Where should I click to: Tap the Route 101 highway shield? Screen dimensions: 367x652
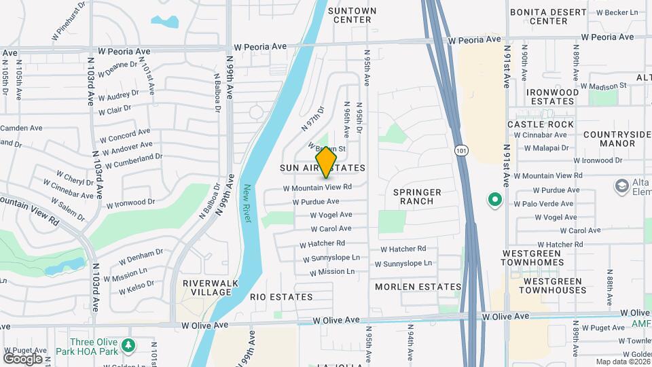pyautogui.click(x=461, y=150)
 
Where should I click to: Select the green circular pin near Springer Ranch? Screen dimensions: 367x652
pyautogui.click(x=495, y=200)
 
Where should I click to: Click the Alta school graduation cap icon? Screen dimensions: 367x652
pyautogui.click(x=621, y=186)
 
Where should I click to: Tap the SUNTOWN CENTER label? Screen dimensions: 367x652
pyautogui.click(x=350, y=15)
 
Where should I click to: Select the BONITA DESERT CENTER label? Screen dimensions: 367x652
pyautogui.click(x=548, y=16)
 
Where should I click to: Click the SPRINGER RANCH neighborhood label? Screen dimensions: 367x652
pyautogui.click(x=417, y=197)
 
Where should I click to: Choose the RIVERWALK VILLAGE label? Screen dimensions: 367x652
pyautogui.click(x=206, y=287)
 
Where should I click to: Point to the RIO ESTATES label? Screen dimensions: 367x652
pyautogui.click(x=281, y=297)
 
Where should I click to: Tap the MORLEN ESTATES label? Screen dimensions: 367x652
pyautogui.click(x=418, y=287)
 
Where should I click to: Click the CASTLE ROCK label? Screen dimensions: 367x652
pyautogui.click(x=541, y=124)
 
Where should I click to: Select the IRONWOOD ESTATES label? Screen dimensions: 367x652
pyautogui.click(x=551, y=97)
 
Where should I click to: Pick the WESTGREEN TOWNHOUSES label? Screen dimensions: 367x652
pyautogui.click(x=545, y=285)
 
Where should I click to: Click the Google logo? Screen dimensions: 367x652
pyautogui.click(x=23, y=358)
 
